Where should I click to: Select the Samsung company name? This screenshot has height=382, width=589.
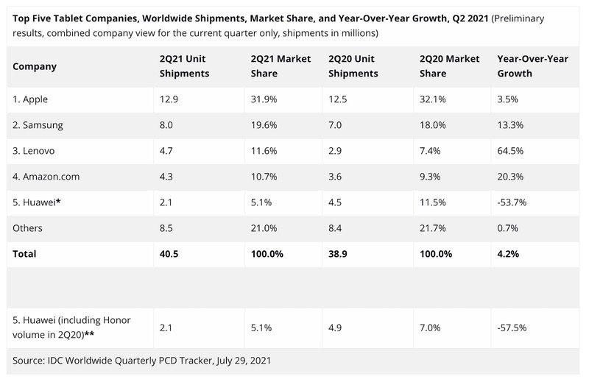(38, 124)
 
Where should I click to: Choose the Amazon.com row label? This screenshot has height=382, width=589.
(46, 176)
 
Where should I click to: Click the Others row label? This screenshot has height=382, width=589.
(28, 228)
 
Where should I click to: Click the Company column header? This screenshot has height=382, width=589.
(35, 66)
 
